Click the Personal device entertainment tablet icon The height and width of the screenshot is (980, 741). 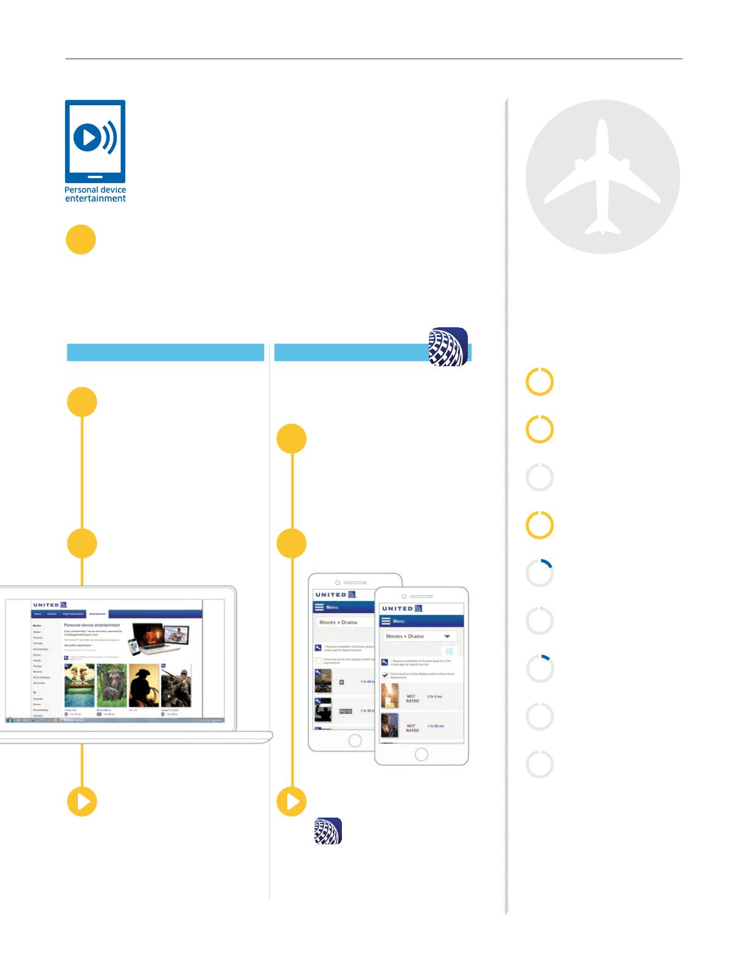95,141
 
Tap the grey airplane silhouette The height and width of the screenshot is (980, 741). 602,176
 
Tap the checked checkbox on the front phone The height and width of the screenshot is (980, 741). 385,675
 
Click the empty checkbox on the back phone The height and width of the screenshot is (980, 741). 318,661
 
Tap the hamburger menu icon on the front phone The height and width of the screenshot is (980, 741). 386,621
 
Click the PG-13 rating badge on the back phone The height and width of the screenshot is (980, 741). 346,711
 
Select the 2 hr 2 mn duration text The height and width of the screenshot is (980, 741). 435,696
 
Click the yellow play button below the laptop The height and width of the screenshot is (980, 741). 82,802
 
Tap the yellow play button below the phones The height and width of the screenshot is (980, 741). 292,802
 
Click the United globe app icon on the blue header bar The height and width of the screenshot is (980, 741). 448,347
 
